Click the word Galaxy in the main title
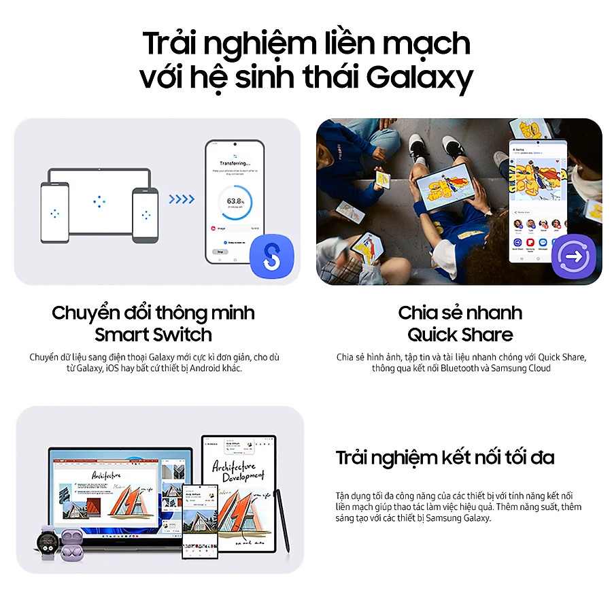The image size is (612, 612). [x=419, y=79]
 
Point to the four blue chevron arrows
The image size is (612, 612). [x=181, y=199]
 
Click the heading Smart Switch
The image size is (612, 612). [x=153, y=335]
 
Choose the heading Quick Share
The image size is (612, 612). [x=460, y=335]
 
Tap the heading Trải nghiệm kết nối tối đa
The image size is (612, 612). [x=445, y=458]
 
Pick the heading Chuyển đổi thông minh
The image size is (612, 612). [x=153, y=313]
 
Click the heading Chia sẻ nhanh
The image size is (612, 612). [x=460, y=313]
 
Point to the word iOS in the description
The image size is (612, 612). [x=114, y=369]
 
